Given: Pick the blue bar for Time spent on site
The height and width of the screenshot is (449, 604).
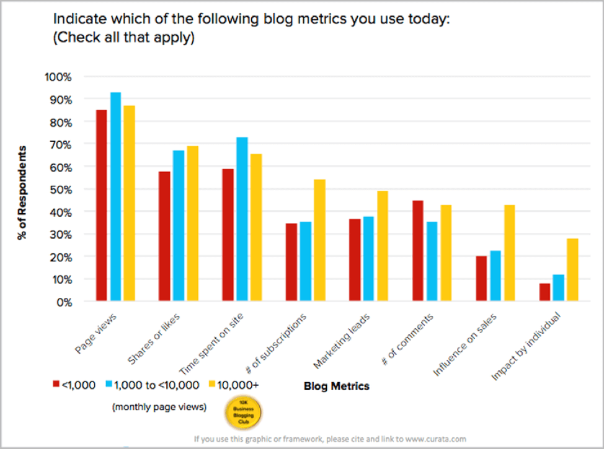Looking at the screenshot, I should pyautogui.click(x=242, y=219).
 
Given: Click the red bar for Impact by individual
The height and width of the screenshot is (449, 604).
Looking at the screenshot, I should pyautogui.click(x=544, y=292).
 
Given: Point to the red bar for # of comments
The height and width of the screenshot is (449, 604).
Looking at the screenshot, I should pyautogui.click(x=418, y=251).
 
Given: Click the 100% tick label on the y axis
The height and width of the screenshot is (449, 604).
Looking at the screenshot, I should pyautogui.click(x=58, y=77).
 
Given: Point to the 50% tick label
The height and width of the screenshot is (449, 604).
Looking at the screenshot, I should pyautogui.click(x=61, y=190).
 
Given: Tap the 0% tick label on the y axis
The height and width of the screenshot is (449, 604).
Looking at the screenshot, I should pyautogui.click(x=63, y=302).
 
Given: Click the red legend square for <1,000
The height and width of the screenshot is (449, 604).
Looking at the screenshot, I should pyautogui.click(x=55, y=385).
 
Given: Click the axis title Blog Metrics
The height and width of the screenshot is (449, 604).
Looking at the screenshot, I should pyautogui.click(x=336, y=386).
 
